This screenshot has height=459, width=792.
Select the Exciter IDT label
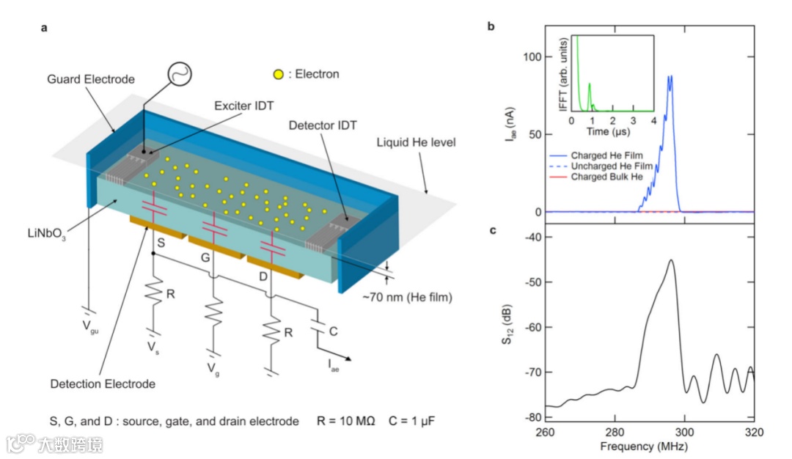pyautogui.click(x=243, y=106)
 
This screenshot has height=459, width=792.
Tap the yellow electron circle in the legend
pyautogui.click(x=278, y=74)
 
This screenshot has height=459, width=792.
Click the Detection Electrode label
pyautogui.click(x=103, y=383)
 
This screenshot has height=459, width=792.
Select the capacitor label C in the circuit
pyautogui.click(x=333, y=331)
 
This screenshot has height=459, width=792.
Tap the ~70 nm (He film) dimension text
pyautogui.click(x=409, y=297)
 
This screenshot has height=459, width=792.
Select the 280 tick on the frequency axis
pyautogui.click(x=615, y=431)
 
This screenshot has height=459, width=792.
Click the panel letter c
pyautogui.click(x=492, y=231)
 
